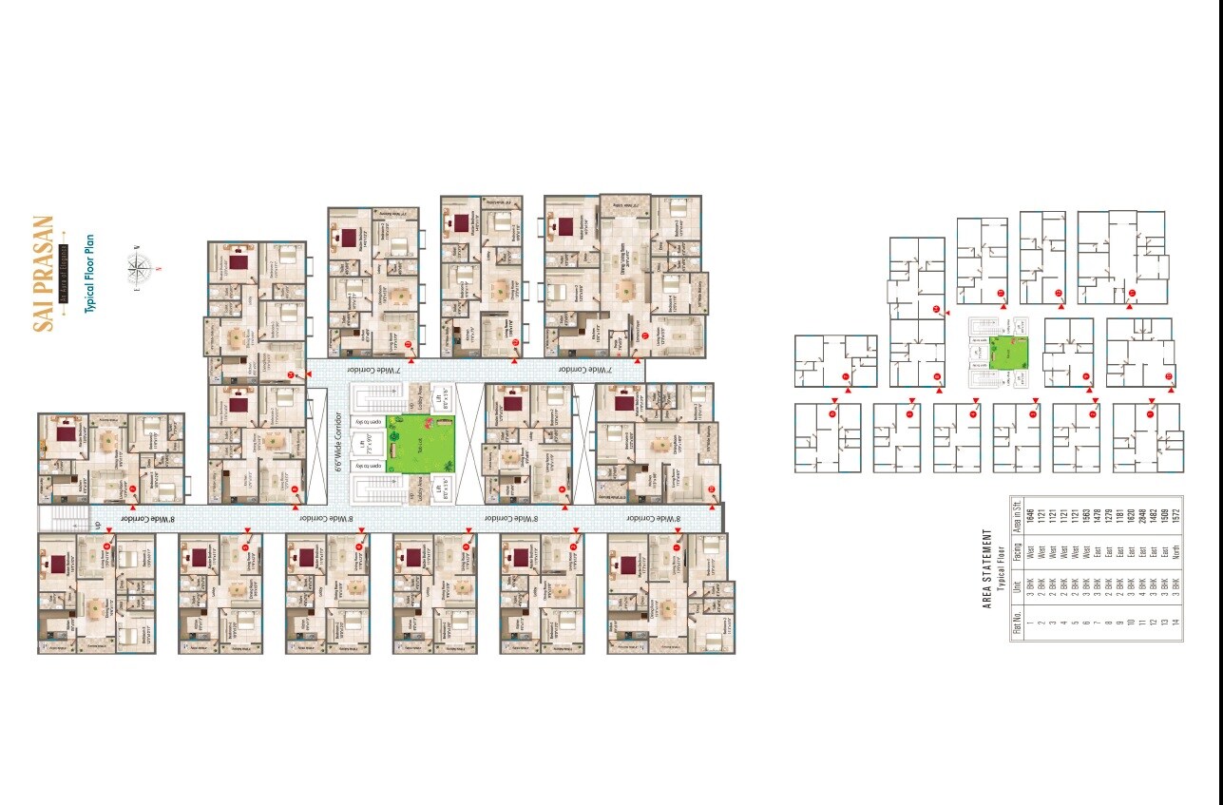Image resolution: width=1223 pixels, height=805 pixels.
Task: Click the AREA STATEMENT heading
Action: click(987, 569)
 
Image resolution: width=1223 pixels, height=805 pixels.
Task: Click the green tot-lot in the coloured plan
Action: click(420, 444)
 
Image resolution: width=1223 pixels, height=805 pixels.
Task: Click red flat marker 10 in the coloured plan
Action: click(712, 489)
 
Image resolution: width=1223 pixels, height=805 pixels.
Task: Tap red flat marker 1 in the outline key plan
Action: click(831, 413)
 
